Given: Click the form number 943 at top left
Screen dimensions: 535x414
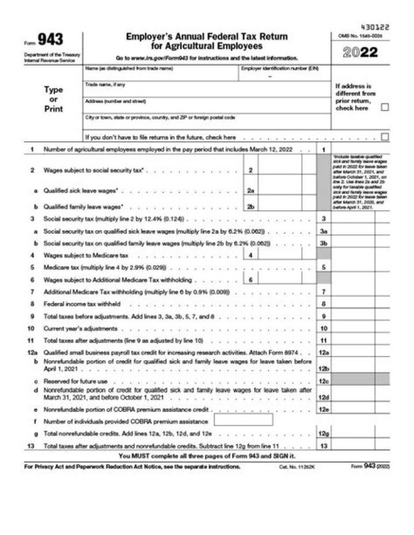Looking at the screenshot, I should (51, 40).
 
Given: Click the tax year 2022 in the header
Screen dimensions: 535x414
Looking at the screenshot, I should (361, 52).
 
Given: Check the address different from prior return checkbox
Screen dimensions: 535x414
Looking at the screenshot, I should (385, 107).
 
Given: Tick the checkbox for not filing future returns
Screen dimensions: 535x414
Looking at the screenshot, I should (385, 137).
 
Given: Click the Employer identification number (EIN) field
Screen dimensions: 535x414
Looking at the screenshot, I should (284, 76).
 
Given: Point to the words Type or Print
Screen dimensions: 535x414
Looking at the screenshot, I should (53, 99).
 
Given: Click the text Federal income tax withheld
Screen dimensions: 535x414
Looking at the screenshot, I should (82, 303).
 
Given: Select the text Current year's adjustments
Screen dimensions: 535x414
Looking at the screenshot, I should (80, 328).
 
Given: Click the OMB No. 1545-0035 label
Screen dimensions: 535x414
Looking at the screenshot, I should (361, 36).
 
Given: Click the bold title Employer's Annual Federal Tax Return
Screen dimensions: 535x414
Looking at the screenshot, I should (207, 37).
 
